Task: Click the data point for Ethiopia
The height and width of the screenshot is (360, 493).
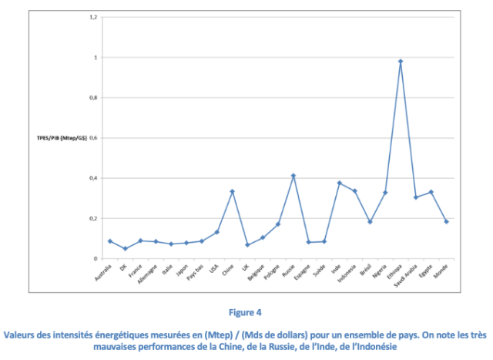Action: tap(401, 61)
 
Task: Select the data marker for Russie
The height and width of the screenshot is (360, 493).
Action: tap(293, 176)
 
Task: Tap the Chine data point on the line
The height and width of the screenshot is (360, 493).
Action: tap(232, 191)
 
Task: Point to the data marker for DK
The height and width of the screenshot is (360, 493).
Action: tap(125, 248)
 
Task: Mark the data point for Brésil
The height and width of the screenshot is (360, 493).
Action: tap(370, 222)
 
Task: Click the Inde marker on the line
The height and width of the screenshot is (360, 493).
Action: tap(339, 183)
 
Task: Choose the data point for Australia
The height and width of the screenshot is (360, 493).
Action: tap(109, 241)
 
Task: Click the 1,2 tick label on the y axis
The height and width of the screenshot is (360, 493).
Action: tap(93, 17)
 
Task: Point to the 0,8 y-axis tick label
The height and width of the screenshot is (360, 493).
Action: tap(93, 98)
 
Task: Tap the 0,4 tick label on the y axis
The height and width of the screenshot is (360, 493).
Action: tap(93, 178)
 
